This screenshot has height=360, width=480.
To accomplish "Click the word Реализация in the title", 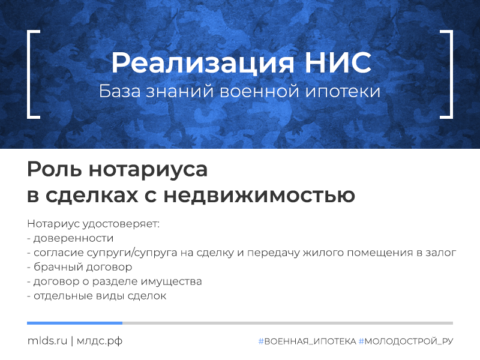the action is (203, 63).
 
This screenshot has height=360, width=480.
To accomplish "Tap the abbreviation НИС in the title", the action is (338, 62).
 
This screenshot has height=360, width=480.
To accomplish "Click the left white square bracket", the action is (33, 74).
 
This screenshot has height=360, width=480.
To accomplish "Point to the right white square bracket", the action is (446, 74).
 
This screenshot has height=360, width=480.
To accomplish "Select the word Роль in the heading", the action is (55, 169).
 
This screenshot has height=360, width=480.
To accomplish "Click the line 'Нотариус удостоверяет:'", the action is (94, 224).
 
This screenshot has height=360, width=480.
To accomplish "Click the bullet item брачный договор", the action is (80, 267).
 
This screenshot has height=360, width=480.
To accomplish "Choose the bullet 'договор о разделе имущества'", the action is (115, 281).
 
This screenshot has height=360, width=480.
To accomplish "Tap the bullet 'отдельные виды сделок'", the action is (97, 296).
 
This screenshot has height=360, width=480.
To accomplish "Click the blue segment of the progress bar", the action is (74, 323).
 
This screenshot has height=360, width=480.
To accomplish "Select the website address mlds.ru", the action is (47, 341).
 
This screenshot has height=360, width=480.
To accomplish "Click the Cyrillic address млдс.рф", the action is (100, 341).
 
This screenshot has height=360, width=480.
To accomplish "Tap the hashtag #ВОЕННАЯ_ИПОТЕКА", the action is (307, 341).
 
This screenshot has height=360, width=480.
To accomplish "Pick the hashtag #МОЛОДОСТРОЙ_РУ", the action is (406, 341).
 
